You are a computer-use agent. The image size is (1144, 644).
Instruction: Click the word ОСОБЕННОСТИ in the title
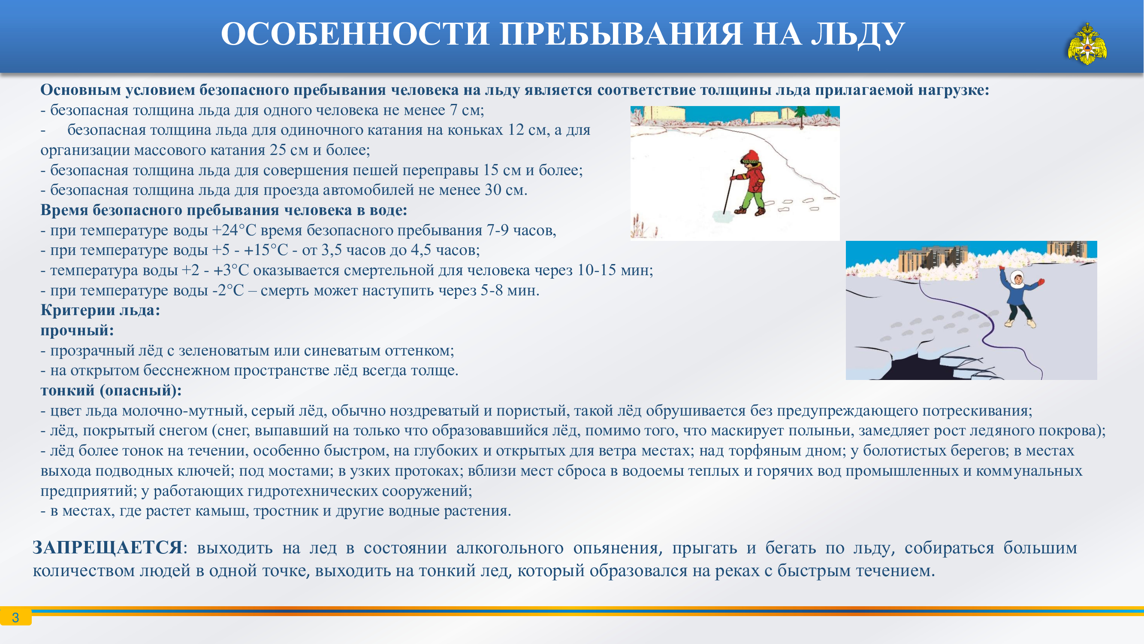click(x=355, y=34)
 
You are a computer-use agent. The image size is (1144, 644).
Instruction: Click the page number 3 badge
click(x=15, y=617)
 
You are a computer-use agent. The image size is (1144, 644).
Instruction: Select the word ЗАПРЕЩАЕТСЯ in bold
click(x=108, y=547)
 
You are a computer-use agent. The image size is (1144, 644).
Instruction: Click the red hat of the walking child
click(x=750, y=156)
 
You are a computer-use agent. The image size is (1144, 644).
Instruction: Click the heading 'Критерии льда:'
click(x=100, y=310)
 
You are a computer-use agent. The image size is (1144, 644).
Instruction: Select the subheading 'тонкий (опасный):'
click(x=111, y=390)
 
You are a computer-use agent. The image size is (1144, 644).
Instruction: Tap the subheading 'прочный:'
click(x=77, y=330)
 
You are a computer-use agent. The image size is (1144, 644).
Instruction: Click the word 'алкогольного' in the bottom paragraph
click(x=510, y=548)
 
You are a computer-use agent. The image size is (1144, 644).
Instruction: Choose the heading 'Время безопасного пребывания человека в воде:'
click(x=224, y=210)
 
